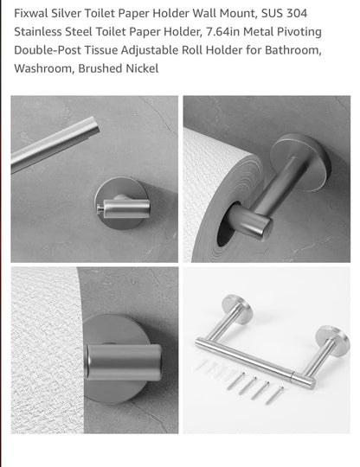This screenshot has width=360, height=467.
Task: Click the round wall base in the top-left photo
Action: [x=119, y=205]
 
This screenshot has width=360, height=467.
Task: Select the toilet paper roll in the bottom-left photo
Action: [x=43, y=337]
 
